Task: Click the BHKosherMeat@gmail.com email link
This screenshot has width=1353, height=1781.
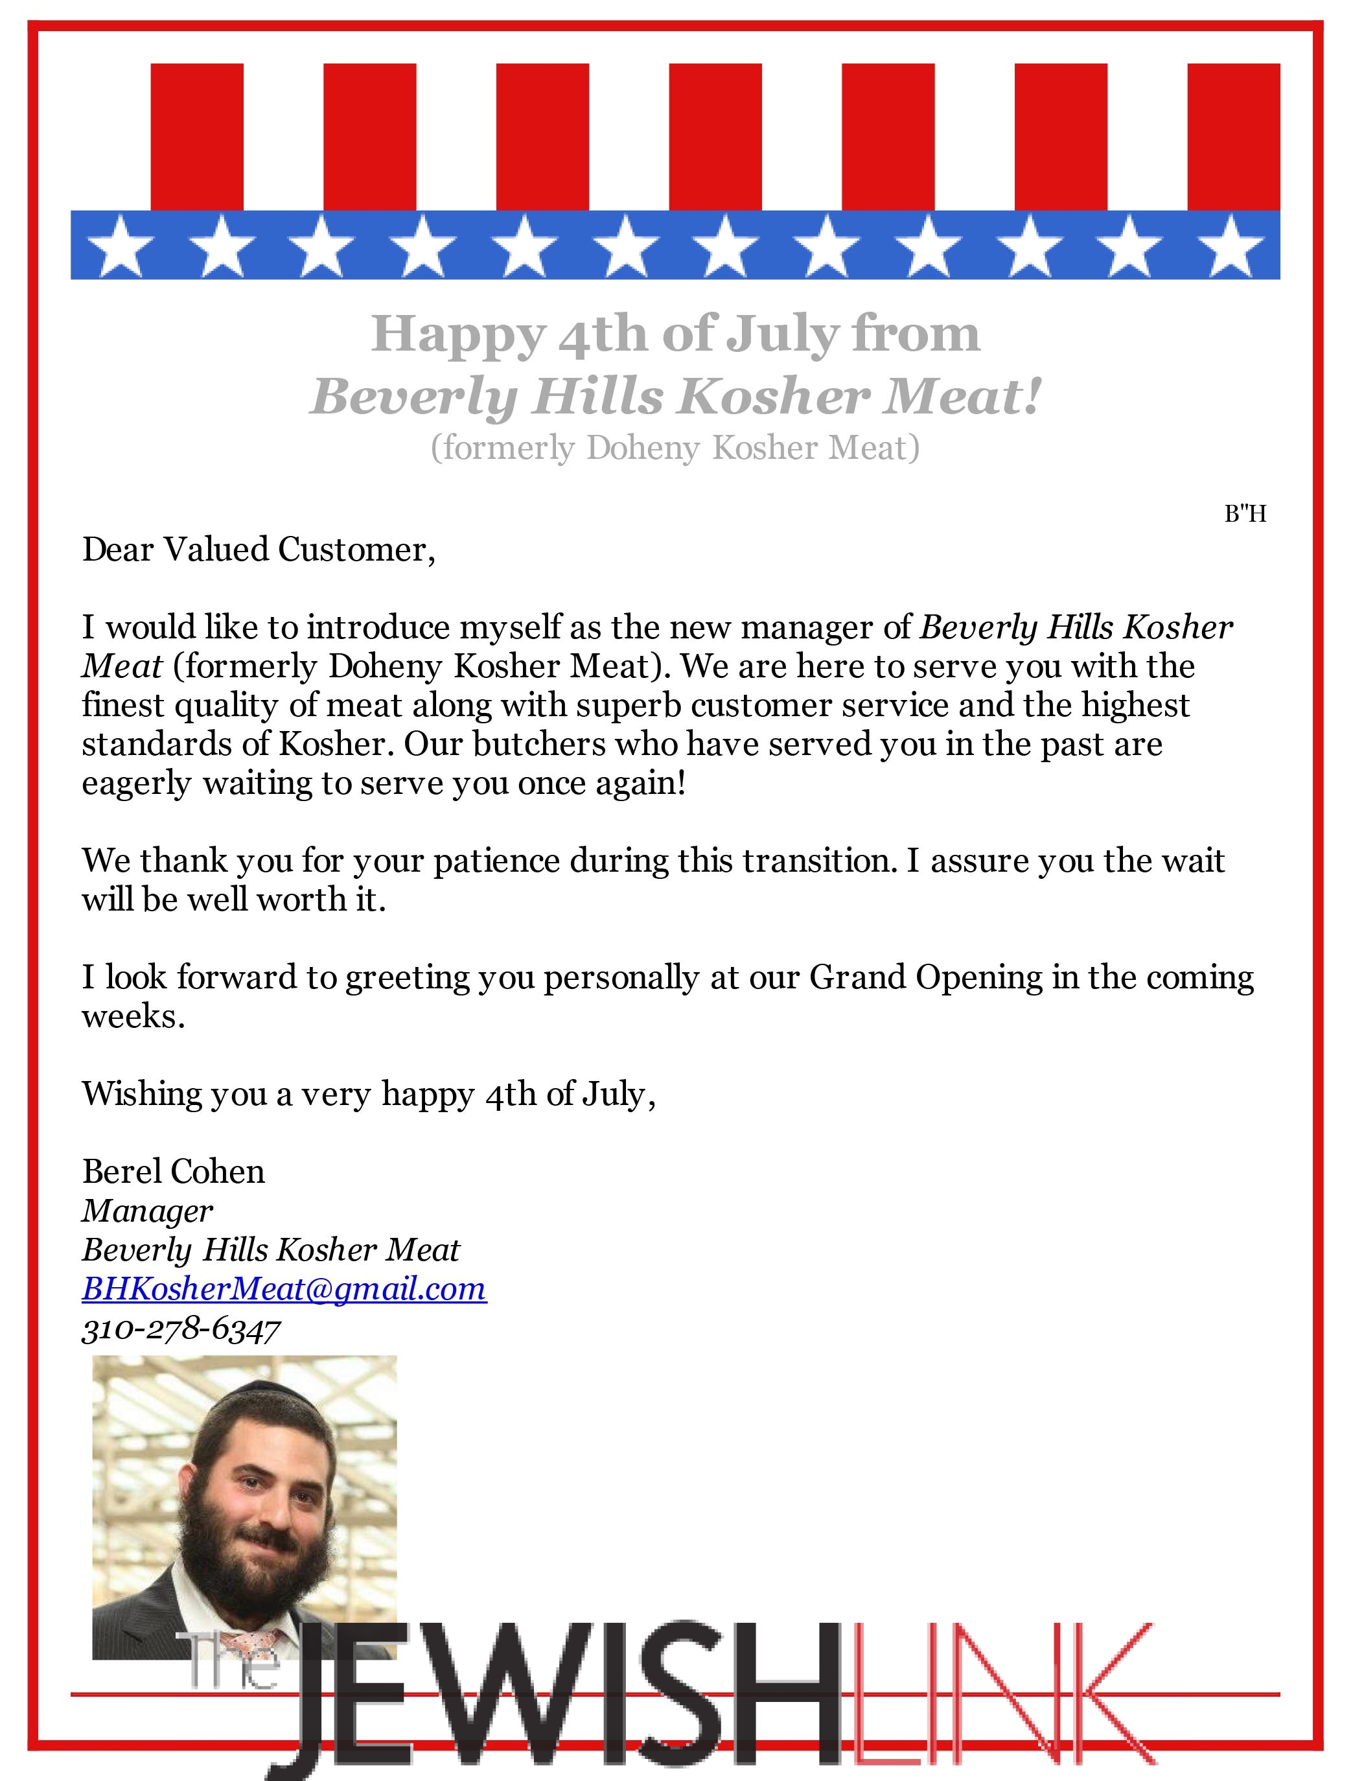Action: [283, 1289]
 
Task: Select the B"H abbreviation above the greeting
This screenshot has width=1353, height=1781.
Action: [1245, 513]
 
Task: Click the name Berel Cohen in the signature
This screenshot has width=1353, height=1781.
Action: [173, 1171]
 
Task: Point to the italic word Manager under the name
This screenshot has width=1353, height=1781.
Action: [147, 1211]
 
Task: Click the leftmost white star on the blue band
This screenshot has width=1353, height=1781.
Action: [120, 246]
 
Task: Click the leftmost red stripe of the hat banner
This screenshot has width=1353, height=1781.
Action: [196, 137]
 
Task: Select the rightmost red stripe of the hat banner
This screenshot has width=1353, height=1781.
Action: [1233, 137]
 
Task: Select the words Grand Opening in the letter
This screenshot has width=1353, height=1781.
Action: [925, 978]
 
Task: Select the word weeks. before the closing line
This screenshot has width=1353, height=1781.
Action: [133, 1017]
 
